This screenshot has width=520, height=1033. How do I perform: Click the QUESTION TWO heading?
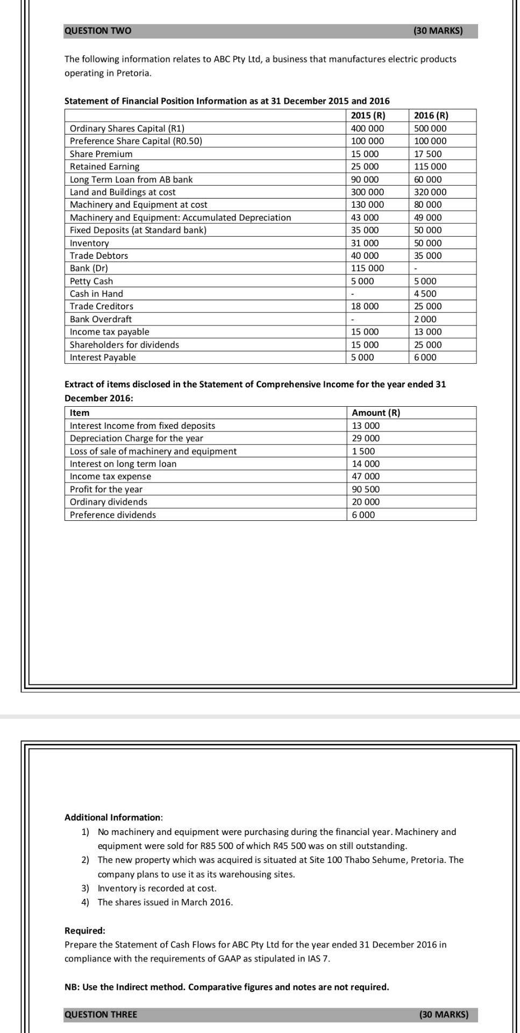tap(97, 31)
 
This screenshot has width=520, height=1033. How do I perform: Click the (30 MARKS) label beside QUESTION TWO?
tap(438, 31)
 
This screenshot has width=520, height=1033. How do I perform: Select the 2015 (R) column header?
tap(368, 115)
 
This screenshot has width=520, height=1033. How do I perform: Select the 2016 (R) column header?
tap(431, 115)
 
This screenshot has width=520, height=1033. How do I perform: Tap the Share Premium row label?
tap(101, 154)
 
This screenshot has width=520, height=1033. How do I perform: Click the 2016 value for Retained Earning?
tap(430, 167)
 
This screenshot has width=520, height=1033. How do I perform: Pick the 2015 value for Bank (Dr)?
tap(367, 268)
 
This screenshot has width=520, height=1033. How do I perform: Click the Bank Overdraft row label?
tap(101, 319)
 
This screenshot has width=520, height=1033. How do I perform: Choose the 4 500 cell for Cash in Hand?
tap(425, 294)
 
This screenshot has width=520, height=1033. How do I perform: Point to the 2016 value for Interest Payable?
tap(425, 357)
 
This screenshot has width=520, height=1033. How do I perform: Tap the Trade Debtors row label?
tap(99, 256)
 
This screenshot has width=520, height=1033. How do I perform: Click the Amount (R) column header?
tap(376, 413)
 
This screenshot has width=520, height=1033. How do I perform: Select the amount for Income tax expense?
tap(365, 476)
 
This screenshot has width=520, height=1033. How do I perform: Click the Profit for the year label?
tap(106, 489)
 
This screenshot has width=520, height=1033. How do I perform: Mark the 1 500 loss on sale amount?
tap(364, 451)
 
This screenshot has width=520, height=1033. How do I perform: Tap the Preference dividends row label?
tap(113, 515)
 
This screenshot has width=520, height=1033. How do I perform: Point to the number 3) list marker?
tap(85, 888)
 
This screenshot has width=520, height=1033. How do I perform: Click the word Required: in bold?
tap(85, 930)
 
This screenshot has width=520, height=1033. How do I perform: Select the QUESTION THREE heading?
tap(101, 1015)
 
